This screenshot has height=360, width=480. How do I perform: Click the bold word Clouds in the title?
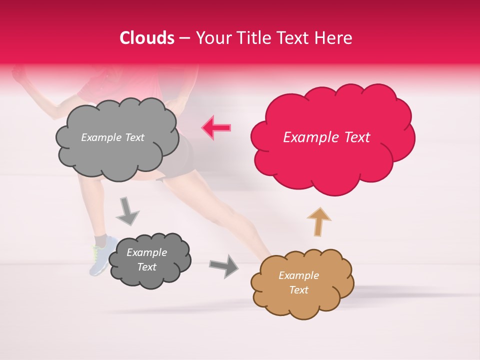[x=147, y=38]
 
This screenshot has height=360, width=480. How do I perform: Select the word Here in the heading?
[x=333, y=38]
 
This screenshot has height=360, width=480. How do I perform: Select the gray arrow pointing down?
[x=127, y=210]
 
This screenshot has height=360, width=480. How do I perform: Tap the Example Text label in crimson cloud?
[x=326, y=137]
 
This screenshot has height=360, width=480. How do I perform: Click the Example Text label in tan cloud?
[x=298, y=282]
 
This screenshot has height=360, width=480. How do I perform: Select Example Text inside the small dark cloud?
[x=146, y=259]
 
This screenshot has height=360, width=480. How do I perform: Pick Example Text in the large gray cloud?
[x=112, y=137]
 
